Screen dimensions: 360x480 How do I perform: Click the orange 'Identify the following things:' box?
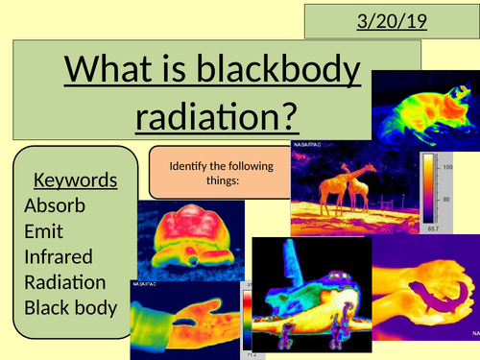(x=218, y=173)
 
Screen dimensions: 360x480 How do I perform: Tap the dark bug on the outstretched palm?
(x=182, y=309)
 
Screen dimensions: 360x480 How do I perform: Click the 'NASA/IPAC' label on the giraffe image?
(x=306, y=148)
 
